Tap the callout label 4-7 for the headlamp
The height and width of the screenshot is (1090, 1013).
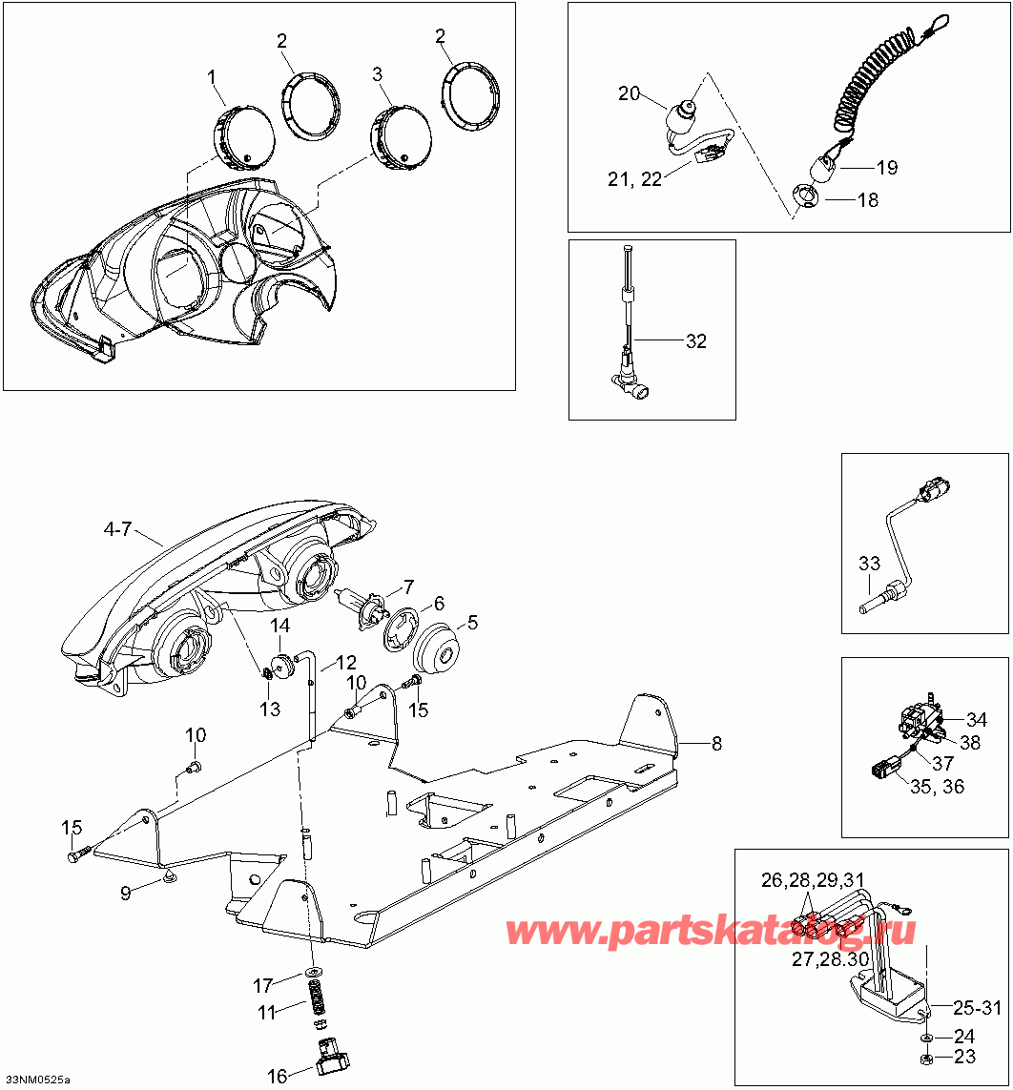tap(118, 529)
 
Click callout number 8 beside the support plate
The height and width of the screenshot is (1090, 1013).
tap(716, 744)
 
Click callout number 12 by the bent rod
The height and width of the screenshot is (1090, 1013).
tap(344, 663)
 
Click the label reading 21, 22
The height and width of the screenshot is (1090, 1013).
tap(637, 179)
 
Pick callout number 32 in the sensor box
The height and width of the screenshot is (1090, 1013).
tap(696, 340)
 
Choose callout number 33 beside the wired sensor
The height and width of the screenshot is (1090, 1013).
tap(869, 564)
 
